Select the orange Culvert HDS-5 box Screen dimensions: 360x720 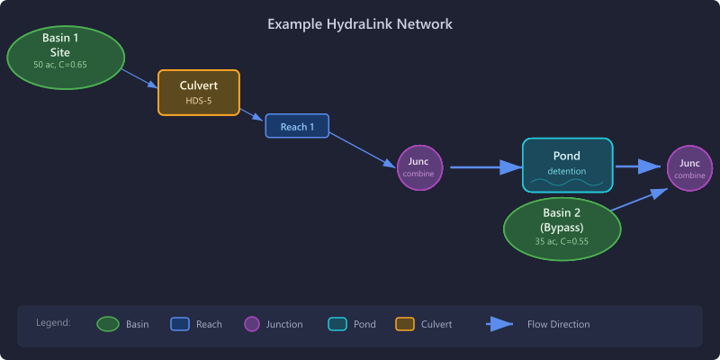pyautogui.click(x=199, y=92)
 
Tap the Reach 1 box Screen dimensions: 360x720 pyautogui.click(x=297, y=126)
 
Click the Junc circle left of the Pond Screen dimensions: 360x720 pyautogui.click(x=420, y=167)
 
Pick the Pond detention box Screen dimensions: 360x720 pyautogui.click(x=567, y=165)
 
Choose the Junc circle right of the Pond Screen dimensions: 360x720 pyautogui.click(x=689, y=168)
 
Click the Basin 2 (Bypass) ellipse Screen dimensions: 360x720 pyautogui.click(x=562, y=228)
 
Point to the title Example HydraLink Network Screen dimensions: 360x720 pyautogui.click(x=360, y=23)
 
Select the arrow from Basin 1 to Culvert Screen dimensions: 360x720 pyautogui.click(x=139, y=77)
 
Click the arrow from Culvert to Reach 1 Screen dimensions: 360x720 pyautogui.click(x=252, y=115)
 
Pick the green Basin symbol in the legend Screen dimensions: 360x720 pyautogui.click(x=108, y=324)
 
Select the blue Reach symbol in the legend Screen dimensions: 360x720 pyautogui.click(x=180, y=324)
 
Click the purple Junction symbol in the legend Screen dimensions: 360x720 pyautogui.click(x=252, y=324)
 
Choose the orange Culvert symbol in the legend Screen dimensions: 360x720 pyautogui.click(x=404, y=324)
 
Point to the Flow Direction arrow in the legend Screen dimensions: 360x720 pyautogui.click(x=500, y=324)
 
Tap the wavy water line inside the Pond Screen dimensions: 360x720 pyautogui.click(x=567, y=183)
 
